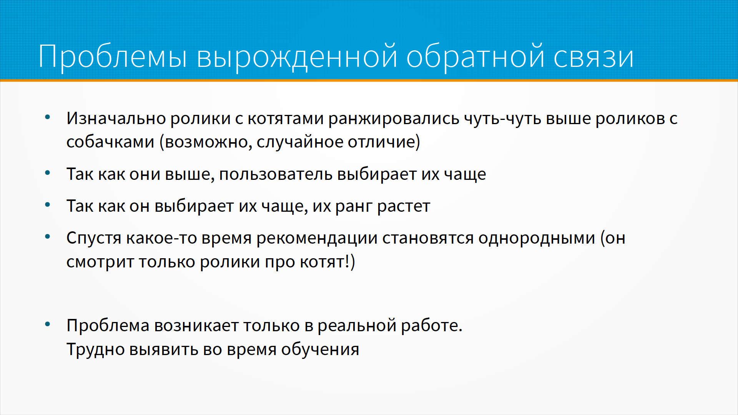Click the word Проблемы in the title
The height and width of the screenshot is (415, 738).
click(113, 57)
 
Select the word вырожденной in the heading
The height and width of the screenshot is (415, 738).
click(297, 57)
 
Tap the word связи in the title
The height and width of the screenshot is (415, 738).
click(593, 57)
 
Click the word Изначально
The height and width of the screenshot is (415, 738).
click(116, 118)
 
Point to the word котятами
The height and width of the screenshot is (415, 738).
click(286, 118)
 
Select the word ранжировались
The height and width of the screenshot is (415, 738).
click(394, 119)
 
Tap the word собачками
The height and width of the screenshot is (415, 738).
click(110, 142)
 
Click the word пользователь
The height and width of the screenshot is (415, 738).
click(276, 174)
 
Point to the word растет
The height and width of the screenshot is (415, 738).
click(404, 207)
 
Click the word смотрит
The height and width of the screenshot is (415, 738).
click(100, 262)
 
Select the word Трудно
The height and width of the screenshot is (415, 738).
click(96, 350)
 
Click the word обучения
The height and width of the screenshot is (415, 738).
click(320, 350)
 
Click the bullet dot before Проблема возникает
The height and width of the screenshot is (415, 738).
click(48, 324)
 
